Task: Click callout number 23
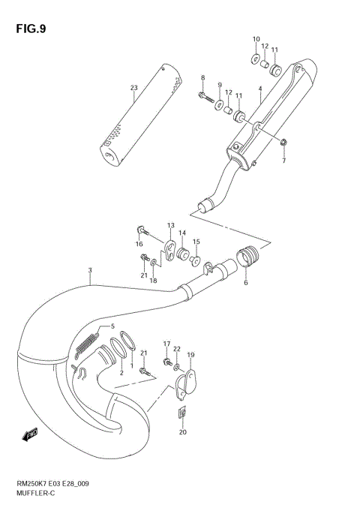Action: (x=134, y=89)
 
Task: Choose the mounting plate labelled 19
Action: (x=187, y=383)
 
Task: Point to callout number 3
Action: (x=89, y=270)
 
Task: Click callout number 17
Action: (x=166, y=344)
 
